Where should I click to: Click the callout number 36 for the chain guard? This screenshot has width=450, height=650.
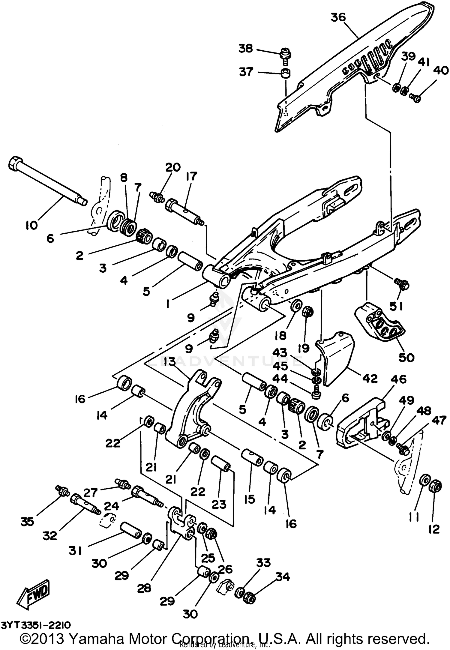tap(338, 17)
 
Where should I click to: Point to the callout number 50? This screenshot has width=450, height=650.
tap(406, 357)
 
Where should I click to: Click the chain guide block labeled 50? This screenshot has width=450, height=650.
tap(379, 325)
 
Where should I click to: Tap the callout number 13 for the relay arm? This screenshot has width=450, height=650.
tap(170, 362)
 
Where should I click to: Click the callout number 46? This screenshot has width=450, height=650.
tap(398, 379)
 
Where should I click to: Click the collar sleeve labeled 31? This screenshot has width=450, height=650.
tap(131, 530)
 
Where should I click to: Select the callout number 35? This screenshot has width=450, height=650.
tap(27, 522)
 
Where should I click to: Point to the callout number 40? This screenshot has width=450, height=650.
tap(440, 70)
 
